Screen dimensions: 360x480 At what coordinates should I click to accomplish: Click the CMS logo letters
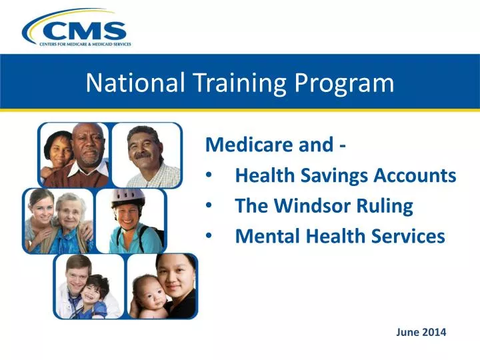[x=87, y=30]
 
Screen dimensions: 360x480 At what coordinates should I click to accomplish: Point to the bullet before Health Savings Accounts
[x=211, y=176]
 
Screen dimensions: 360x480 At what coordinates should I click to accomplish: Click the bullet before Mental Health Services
[x=211, y=236]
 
